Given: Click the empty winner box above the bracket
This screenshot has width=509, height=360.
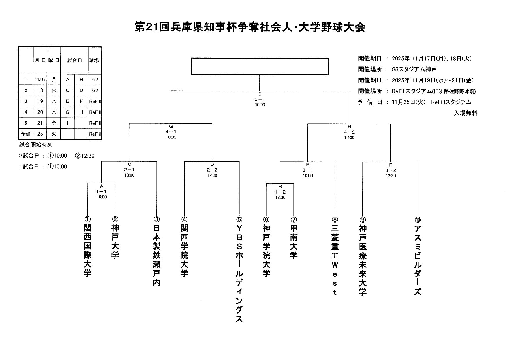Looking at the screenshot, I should (x=260, y=66).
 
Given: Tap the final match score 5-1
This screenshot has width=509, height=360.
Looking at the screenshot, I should (x=260, y=99).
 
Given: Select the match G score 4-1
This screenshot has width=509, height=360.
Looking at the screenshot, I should (x=171, y=132).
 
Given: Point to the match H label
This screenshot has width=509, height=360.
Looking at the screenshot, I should (x=349, y=127).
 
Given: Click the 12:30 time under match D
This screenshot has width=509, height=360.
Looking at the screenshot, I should (x=212, y=175).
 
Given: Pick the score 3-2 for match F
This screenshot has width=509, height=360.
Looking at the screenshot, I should (x=391, y=170).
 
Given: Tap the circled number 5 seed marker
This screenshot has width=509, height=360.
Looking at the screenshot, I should (x=239, y=219).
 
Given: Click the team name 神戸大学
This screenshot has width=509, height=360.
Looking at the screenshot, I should (x=115, y=242).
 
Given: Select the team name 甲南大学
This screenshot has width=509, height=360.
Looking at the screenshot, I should (x=294, y=242).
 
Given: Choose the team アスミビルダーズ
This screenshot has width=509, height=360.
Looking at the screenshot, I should (x=418, y=260).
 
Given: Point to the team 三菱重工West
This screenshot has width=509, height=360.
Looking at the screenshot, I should (x=335, y=260).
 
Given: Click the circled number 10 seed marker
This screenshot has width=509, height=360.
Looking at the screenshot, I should (x=418, y=220).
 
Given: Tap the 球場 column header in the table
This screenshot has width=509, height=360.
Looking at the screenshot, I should (x=94, y=60).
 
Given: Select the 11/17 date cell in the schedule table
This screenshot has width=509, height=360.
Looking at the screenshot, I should (x=40, y=79).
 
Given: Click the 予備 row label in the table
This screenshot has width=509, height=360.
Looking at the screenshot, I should (x=26, y=134).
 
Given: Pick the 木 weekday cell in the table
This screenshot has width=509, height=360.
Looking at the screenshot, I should (x=54, y=112).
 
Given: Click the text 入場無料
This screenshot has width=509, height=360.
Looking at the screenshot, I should (x=465, y=113).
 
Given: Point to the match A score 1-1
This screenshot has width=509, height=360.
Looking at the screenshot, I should (x=102, y=192).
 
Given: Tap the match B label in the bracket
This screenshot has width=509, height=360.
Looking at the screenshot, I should (x=280, y=187).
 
